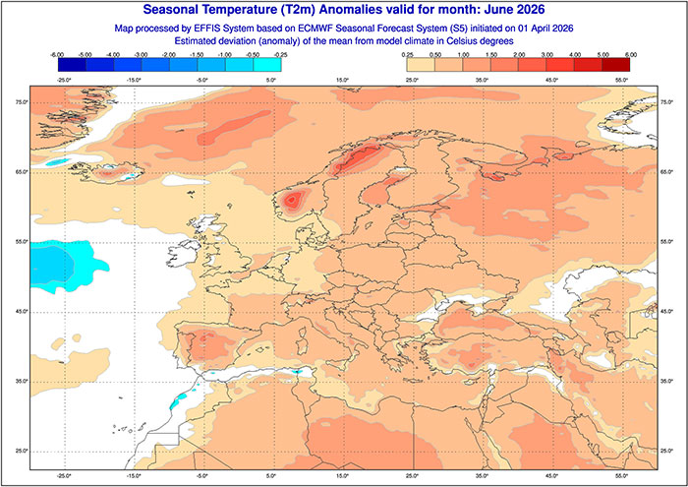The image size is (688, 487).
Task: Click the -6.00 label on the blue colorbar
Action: click(57, 54)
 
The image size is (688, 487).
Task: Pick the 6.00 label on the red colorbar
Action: click(630, 54)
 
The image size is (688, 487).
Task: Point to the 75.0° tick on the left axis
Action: click(21, 102)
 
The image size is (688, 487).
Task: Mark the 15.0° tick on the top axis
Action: click(343, 78)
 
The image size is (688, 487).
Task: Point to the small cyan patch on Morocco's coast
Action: click(179, 399)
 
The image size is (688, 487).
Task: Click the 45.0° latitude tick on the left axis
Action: click(21, 311)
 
